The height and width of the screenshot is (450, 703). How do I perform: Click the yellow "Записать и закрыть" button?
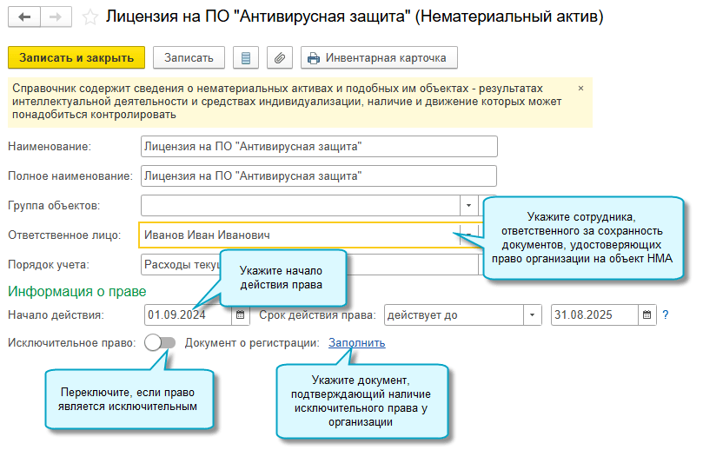click(x=76, y=58)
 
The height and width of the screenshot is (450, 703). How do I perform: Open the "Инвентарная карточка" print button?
click(x=379, y=58)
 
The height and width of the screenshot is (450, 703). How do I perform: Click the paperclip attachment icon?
click(x=279, y=58)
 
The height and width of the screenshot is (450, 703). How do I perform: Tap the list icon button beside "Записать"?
click(x=245, y=58)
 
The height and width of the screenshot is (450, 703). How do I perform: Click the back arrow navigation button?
click(x=24, y=17)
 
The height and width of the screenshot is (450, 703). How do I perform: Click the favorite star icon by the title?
click(x=89, y=17)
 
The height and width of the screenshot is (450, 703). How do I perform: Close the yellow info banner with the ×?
click(x=580, y=88)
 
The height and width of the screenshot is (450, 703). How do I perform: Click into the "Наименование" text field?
click(x=318, y=147)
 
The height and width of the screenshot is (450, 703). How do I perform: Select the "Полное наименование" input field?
click(x=318, y=175)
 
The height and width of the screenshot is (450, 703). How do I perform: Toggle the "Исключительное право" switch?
click(x=161, y=342)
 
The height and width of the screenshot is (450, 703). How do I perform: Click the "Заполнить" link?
click(x=356, y=342)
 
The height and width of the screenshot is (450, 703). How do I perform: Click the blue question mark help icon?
click(x=666, y=314)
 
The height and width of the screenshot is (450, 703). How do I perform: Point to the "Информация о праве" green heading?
click(x=76, y=291)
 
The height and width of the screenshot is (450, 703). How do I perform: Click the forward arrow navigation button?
click(x=56, y=17)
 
